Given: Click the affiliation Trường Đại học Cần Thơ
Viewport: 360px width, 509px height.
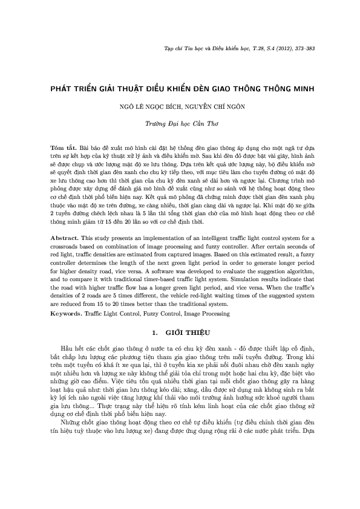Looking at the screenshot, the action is [x=180, y=122].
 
